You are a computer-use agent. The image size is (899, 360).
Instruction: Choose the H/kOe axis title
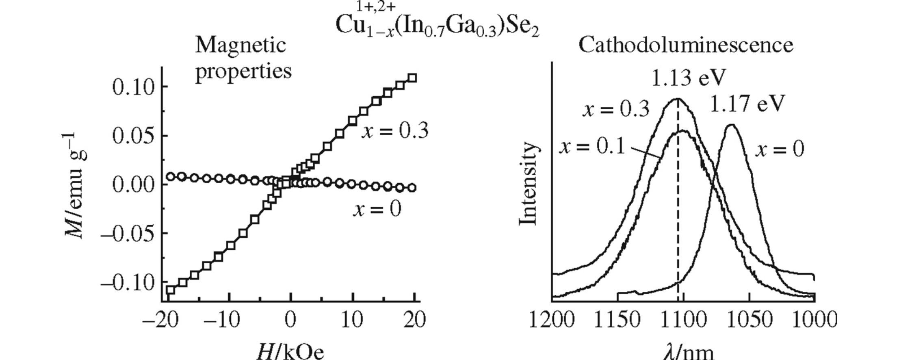[290, 352]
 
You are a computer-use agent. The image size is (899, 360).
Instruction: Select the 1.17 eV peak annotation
[747, 104]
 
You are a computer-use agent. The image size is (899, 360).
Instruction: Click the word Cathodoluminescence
[685, 45]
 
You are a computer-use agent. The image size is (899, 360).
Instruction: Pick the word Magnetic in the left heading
[240, 45]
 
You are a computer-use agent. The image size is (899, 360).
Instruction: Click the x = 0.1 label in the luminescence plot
[592, 147]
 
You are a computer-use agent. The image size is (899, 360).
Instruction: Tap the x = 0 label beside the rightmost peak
[780, 150]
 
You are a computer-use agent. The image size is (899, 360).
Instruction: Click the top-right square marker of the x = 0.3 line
[412, 78]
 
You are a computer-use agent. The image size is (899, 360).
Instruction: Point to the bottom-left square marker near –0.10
[171, 290]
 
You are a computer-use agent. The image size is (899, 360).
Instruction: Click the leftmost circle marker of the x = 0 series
[171, 176]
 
